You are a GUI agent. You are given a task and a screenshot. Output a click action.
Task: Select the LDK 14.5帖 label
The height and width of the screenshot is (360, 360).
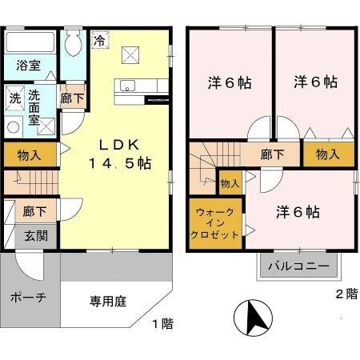119,152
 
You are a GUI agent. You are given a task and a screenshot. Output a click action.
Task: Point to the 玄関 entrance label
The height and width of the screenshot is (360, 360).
34,236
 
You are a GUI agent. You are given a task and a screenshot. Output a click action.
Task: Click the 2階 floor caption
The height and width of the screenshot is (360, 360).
345,294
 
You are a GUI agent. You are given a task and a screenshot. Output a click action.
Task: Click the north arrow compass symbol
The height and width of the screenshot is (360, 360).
253,319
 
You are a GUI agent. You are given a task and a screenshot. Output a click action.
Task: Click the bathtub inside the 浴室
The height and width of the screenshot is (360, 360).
30,42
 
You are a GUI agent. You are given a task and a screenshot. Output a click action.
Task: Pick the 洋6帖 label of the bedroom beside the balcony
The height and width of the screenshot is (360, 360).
298,212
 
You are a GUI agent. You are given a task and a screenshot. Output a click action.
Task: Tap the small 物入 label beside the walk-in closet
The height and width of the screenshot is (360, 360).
230,184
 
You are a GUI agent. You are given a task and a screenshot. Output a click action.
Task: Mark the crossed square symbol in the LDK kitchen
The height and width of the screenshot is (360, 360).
130,54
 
